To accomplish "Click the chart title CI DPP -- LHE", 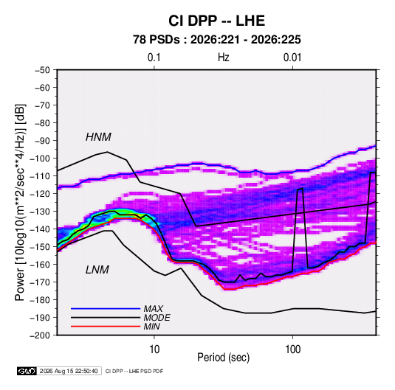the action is point(216,21).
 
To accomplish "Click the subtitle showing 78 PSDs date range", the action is point(217,40).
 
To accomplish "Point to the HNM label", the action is point(98,137).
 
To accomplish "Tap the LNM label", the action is point(97,270).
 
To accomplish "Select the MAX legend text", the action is point(153,309).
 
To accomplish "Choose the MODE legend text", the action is point(157,318).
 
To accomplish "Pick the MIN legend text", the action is point(151,327).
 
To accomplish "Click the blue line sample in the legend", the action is point(106,309).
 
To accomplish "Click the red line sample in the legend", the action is point(106,327).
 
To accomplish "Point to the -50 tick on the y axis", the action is point(42,70).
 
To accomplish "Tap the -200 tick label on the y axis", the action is point(40,335).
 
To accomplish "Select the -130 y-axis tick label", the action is point(40,212).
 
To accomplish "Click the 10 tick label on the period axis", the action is point(154,349).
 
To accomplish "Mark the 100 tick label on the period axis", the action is point(292,349).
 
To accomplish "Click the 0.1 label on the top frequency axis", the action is point(154,58).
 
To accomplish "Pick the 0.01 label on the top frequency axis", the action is point(292,58).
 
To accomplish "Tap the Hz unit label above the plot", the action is point(224,58).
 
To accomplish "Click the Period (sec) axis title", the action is point(224,358).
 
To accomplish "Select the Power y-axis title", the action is point(20,203).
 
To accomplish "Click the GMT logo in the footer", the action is point(27,371).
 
